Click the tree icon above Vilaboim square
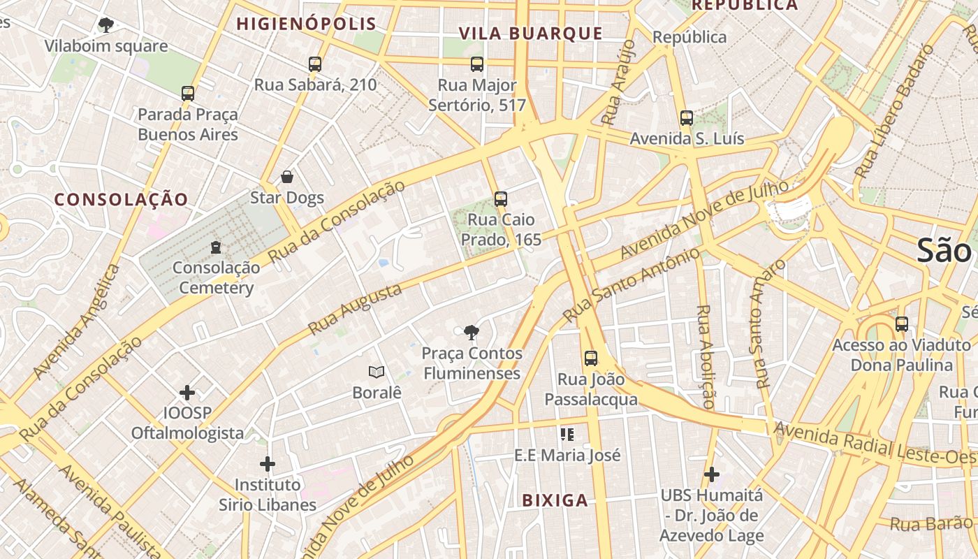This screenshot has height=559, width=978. coord(105,26)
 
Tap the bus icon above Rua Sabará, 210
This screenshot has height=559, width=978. coord(315,64)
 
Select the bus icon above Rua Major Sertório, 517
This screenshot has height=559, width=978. coord(477,65)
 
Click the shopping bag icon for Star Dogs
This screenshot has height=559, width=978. coord(286,177)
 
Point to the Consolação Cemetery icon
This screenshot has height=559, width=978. coord(216,247)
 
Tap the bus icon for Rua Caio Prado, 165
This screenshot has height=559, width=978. coord(500,199)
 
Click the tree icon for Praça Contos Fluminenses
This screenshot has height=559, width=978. coord(472,333)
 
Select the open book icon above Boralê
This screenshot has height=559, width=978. coord(377,372)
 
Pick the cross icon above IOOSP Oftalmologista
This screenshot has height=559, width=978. coord(187,393)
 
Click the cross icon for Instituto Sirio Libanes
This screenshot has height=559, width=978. coord(268,464)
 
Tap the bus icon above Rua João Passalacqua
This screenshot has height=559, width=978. coord(591,358)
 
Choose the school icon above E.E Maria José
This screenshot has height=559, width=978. coord(567,435)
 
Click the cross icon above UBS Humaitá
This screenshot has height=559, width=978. coord(712,475)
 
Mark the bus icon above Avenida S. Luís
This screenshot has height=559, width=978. coord(687,118)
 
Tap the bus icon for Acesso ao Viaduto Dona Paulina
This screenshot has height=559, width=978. coord(902,324)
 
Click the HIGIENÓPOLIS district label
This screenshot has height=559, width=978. coord(306,24)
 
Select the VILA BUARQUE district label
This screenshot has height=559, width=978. coord(530,34)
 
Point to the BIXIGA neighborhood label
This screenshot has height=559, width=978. coord(555,500)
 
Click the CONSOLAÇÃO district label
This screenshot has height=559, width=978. coord(122,200)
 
